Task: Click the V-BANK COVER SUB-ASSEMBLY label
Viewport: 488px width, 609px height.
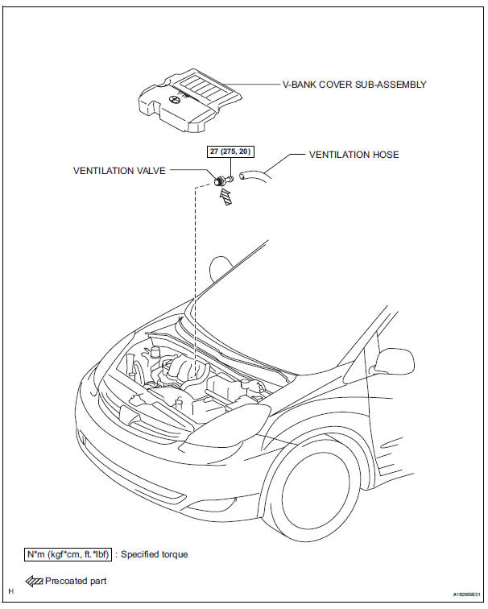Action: [x=354, y=85]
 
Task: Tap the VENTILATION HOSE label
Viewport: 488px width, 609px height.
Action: [x=354, y=155]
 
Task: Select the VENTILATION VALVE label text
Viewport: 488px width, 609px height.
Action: [x=119, y=171]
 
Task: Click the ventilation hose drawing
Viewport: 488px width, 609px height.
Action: [x=254, y=176]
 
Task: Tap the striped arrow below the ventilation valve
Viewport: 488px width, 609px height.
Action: [x=225, y=196]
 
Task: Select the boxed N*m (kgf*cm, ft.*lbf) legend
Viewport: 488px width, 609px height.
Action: [x=68, y=554]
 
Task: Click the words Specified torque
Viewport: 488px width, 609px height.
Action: [x=154, y=554]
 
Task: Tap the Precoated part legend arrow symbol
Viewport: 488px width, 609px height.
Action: [x=34, y=582]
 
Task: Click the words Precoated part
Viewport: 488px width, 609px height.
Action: [x=76, y=581]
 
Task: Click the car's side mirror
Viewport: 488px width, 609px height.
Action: [x=394, y=362]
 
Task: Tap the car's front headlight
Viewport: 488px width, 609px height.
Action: [x=227, y=425]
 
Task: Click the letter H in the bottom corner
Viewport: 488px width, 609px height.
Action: [x=10, y=591]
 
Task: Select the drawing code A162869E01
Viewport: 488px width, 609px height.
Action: [x=466, y=594]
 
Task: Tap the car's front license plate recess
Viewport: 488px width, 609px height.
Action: [x=130, y=416]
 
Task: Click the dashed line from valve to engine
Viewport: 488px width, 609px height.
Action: [x=195, y=272]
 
